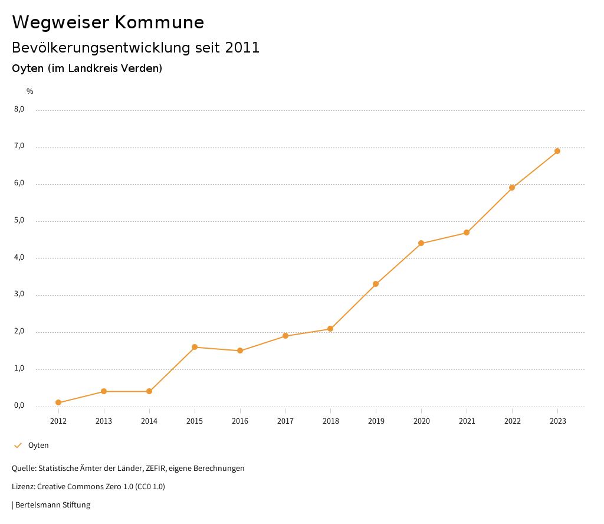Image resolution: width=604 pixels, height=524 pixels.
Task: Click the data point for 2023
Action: click(x=557, y=151)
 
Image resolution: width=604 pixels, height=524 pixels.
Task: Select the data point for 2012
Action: click(x=58, y=402)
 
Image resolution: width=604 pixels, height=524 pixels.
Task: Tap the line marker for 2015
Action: click(x=195, y=347)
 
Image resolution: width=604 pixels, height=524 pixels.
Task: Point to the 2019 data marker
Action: click(x=376, y=284)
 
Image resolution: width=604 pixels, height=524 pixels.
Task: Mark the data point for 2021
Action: click(x=467, y=232)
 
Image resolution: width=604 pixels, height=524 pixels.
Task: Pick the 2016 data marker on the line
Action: click(x=240, y=351)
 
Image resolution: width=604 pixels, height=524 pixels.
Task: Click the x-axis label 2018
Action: click(x=330, y=421)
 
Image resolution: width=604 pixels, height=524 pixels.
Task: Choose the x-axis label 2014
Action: click(x=149, y=421)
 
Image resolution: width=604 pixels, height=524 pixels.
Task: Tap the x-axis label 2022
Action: click(x=512, y=421)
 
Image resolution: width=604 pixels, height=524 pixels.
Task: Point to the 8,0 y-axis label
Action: click(x=19, y=109)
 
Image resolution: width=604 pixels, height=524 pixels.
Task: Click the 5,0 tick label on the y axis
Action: click(x=19, y=220)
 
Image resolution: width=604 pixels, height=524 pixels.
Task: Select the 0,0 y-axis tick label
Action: click(x=19, y=405)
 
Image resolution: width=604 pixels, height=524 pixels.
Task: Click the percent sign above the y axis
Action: click(x=30, y=91)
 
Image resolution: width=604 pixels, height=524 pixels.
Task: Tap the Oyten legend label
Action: click(x=38, y=446)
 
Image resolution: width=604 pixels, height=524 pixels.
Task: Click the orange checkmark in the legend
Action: click(x=18, y=446)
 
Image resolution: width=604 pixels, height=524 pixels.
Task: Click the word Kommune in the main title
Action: click(x=159, y=22)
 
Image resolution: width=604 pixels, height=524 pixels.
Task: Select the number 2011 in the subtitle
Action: click(x=242, y=48)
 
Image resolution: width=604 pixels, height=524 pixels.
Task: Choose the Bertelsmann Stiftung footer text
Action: click(x=52, y=505)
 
